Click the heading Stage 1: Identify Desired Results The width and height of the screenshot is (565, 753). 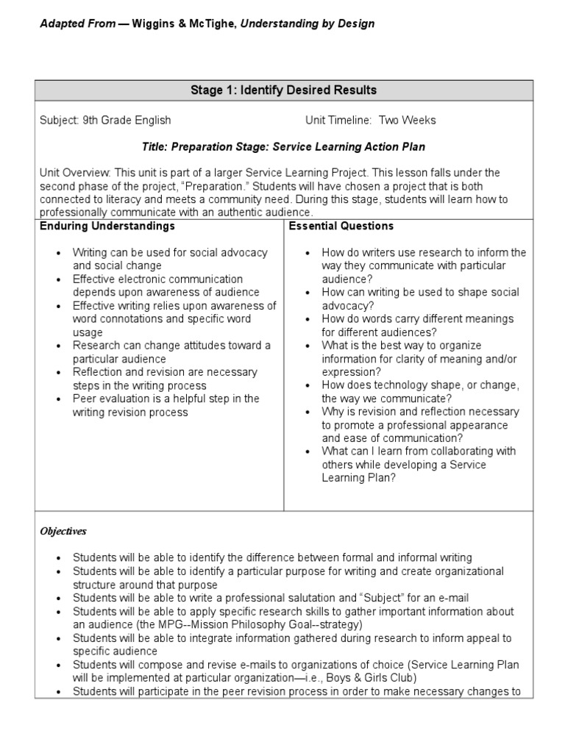(x=283, y=90)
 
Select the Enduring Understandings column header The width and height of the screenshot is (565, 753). (x=107, y=226)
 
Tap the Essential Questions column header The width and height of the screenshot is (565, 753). (x=341, y=226)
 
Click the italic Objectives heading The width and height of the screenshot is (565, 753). (x=63, y=531)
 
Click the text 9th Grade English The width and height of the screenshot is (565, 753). (x=127, y=120)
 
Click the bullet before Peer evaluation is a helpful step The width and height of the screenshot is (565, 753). (x=59, y=399)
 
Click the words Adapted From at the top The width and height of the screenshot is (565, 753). (x=77, y=24)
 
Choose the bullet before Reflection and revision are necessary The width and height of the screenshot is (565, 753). (x=59, y=372)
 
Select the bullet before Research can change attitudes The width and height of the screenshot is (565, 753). (x=59, y=346)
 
